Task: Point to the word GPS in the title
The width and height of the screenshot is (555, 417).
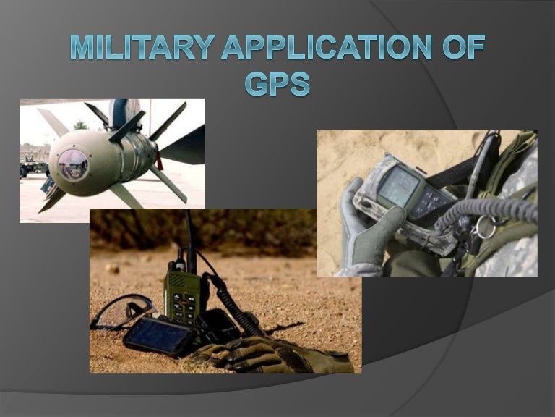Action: coord(277,83)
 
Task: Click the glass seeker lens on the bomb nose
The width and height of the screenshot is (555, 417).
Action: coord(73,165)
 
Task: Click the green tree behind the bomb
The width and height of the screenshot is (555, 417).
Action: coord(81,125)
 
